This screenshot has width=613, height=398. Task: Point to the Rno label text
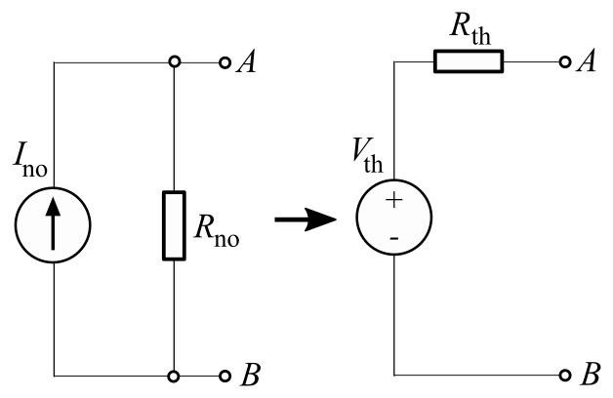[217, 237]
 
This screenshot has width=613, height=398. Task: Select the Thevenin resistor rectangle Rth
[469, 63]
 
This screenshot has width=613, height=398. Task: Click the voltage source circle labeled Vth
[395, 219]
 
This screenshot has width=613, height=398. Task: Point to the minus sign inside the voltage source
[395, 237]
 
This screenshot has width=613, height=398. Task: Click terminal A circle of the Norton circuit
[225, 63]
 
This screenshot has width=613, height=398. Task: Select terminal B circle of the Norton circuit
[225, 376]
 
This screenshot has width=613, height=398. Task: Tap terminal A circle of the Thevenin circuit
[566, 63]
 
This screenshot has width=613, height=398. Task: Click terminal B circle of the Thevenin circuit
[566, 376]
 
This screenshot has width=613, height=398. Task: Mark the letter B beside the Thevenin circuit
[589, 376]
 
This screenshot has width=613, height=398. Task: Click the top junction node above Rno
[173, 63]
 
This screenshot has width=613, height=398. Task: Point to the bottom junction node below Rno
[173, 376]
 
